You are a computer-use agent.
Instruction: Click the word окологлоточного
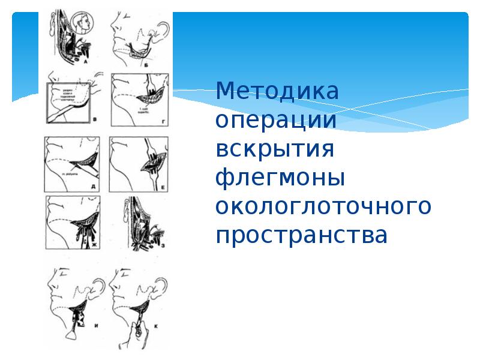pos(323,206)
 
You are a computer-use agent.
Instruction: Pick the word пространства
pos(302,235)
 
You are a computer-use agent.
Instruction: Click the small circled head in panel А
pos(83,25)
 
